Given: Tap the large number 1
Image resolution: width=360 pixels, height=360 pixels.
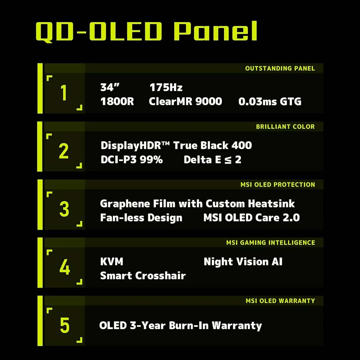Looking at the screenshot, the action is (64, 93).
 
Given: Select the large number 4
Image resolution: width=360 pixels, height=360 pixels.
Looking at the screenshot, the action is (65, 267).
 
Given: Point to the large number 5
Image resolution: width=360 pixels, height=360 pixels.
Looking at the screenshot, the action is (65, 325).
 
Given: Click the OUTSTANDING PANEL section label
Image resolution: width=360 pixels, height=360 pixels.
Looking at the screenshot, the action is (280, 68).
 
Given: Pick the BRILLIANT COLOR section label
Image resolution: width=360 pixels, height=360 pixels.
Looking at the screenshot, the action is (285, 127).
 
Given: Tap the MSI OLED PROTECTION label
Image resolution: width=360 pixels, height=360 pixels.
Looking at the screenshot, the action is (278, 185).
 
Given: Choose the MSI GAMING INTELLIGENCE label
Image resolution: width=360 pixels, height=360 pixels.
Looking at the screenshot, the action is (270, 243).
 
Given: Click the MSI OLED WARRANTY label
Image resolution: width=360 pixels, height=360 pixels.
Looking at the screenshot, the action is (280, 301).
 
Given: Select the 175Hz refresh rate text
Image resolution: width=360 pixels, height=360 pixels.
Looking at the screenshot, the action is (166, 87).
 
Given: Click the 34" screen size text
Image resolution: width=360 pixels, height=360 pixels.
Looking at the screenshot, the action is (110, 87).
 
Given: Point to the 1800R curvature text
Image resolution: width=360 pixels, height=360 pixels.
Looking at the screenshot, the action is (117, 101).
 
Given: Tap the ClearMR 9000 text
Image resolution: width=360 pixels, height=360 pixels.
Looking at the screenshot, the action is (185, 101).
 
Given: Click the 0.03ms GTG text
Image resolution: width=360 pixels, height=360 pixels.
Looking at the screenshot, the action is (270, 101).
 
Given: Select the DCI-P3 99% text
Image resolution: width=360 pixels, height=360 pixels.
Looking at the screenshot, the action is (132, 160).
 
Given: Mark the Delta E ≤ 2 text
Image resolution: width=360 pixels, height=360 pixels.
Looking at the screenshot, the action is (212, 160).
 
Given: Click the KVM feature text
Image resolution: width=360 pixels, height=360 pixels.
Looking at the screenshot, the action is (112, 262).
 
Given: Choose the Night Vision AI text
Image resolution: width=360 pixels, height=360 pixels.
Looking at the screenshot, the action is (243, 262).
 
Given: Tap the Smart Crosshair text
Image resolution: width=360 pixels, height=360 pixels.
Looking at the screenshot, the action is (143, 276).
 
